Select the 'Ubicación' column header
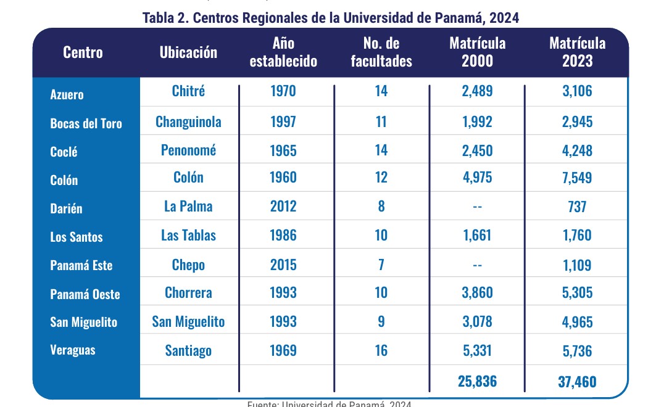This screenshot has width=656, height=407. (188, 52)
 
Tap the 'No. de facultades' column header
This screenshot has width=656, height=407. (381, 52)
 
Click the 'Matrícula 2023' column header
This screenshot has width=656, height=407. (577, 52)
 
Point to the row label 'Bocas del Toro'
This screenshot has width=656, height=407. (86, 123)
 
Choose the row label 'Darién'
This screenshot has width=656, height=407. (66, 208)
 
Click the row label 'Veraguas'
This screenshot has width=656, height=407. (73, 350)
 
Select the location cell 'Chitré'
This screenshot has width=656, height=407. (188, 91)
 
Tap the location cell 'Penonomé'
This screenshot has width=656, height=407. (188, 150)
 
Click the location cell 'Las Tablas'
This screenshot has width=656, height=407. (188, 235)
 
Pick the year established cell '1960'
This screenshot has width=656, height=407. (283, 178)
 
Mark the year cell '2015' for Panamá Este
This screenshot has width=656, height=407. (283, 265)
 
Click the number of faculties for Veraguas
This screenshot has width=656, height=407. (381, 350)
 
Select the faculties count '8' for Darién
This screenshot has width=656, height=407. (381, 206)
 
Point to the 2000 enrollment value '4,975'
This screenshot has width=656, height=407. (477, 178)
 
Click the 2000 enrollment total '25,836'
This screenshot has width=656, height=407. (477, 381)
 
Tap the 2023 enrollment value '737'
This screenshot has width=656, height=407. (577, 206)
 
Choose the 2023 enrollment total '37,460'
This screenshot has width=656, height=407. (577, 382)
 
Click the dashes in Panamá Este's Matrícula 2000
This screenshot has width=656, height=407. (477, 265)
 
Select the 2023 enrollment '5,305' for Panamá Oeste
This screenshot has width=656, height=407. (577, 292)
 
